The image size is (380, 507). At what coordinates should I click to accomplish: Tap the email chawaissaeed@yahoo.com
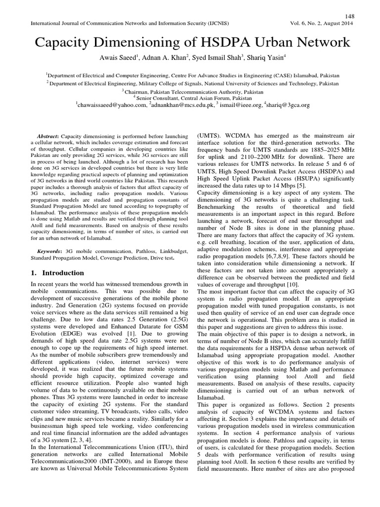[x=112, y=105]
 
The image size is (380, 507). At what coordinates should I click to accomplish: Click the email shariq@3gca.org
[x=287, y=105]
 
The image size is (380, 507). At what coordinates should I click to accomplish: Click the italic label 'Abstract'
[x=48, y=136]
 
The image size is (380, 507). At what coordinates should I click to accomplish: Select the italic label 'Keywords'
[x=49, y=252]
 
